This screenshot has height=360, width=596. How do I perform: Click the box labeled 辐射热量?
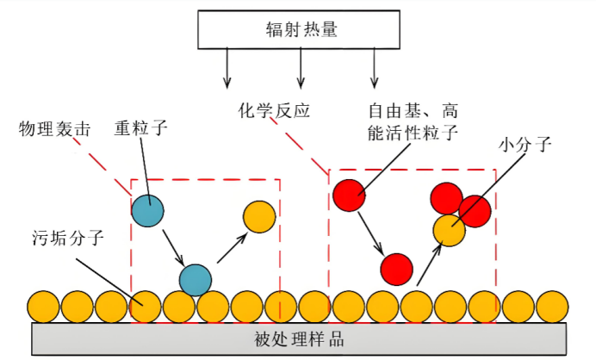tap(300, 29)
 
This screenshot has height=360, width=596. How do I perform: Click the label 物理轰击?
tap(54, 128)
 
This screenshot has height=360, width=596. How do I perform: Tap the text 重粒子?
tap(140, 128)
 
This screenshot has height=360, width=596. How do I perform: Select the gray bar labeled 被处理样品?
tap(299, 338)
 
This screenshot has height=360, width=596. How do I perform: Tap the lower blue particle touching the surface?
tap(196, 279)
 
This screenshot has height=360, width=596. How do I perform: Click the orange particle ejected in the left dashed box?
tap(258, 217)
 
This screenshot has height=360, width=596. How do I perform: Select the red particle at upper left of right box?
tap(350, 195)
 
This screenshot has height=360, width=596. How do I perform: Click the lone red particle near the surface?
tap(396, 269)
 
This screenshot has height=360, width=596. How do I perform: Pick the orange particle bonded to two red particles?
tap(449, 230)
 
